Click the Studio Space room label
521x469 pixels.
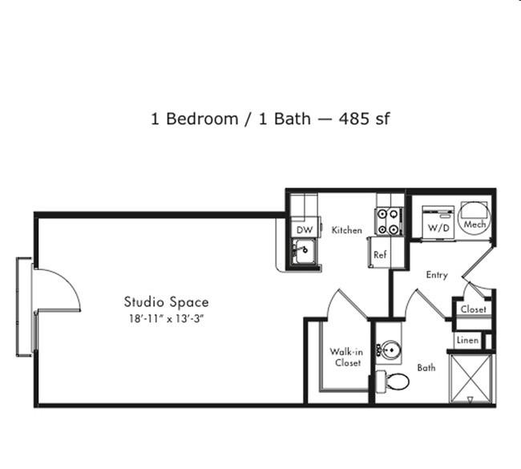(x=167, y=302)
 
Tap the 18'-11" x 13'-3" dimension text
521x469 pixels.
(x=166, y=319)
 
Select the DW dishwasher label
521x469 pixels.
(x=305, y=229)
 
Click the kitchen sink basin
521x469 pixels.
(x=303, y=251)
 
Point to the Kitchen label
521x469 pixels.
(x=347, y=229)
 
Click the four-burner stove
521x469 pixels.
(x=389, y=221)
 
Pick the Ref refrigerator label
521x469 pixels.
(x=380, y=255)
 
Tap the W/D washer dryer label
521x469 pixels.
(x=438, y=228)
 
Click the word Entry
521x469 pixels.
(x=437, y=275)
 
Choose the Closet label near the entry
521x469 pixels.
(x=473, y=309)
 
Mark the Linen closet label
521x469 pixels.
(x=467, y=341)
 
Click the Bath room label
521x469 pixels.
(x=426, y=368)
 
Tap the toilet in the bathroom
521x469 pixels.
(x=393, y=382)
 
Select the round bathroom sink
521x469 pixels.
(x=391, y=350)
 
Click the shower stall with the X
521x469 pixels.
(x=470, y=379)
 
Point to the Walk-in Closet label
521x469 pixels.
(x=346, y=357)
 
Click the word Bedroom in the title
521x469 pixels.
(x=202, y=119)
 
